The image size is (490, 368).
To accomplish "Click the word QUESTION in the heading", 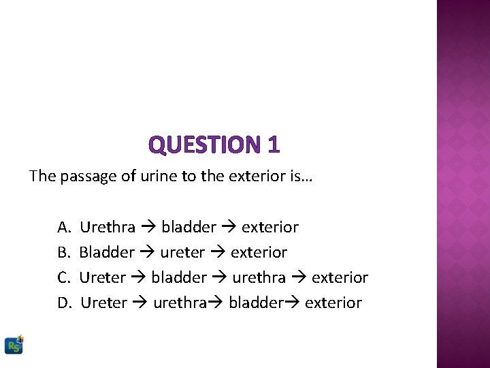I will click(202, 144).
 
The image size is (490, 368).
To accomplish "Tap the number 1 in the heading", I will click(273, 144).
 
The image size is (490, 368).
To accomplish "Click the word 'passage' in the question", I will click(86, 177).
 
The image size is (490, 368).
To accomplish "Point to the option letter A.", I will click(63, 226).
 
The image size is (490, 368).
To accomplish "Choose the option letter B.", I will click(63, 252).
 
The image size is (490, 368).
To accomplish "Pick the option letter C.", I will click(63, 277).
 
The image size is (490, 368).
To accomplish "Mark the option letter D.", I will click(64, 303).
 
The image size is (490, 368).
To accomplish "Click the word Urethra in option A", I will click(108, 226).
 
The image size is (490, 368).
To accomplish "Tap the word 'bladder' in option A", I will click(189, 226).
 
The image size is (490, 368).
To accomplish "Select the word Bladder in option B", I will click(107, 252).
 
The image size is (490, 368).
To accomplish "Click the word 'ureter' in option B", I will click(182, 252).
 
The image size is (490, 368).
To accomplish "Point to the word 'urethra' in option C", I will click(259, 277).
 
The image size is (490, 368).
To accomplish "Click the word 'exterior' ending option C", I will click(340, 277).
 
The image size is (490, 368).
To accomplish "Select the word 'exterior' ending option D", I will click(333, 303).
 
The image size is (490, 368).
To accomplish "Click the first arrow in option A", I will click(148, 226).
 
